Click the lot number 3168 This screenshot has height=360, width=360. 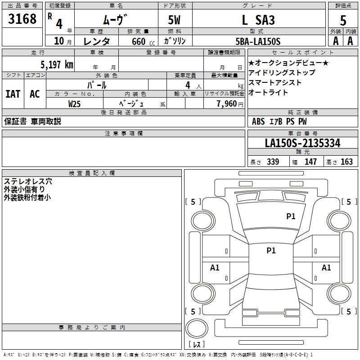(22, 19)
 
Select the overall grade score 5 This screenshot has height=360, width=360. (343, 20)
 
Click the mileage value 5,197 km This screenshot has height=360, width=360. (56, 64)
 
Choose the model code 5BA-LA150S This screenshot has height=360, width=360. (258, 41)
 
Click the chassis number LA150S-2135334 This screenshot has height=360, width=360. (302, 143)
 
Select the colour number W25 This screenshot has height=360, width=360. (75, 103)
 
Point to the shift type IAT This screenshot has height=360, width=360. (13, 94)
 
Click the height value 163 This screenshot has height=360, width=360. (346, 162)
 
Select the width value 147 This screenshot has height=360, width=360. (310, 162)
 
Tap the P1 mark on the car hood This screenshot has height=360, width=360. (291, 216)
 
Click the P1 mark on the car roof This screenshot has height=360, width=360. (271, 251)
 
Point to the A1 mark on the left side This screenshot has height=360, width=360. (215, 268)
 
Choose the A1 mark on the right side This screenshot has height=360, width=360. (326, 268)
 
